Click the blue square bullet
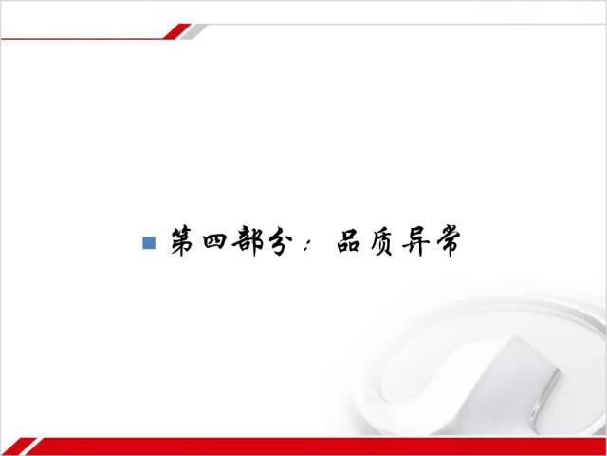coord(149,243)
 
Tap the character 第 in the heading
coord(183,241)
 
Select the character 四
coord(214,241)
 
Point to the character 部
coord(248,240)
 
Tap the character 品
coord(349,242)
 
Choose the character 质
coord(382,242)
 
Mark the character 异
coord(415,241)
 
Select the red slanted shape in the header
coord(177,31)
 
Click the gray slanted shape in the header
coord(193,31)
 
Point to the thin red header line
coord(83,39)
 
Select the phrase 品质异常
coord(398,241)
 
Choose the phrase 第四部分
coord(231,241)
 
